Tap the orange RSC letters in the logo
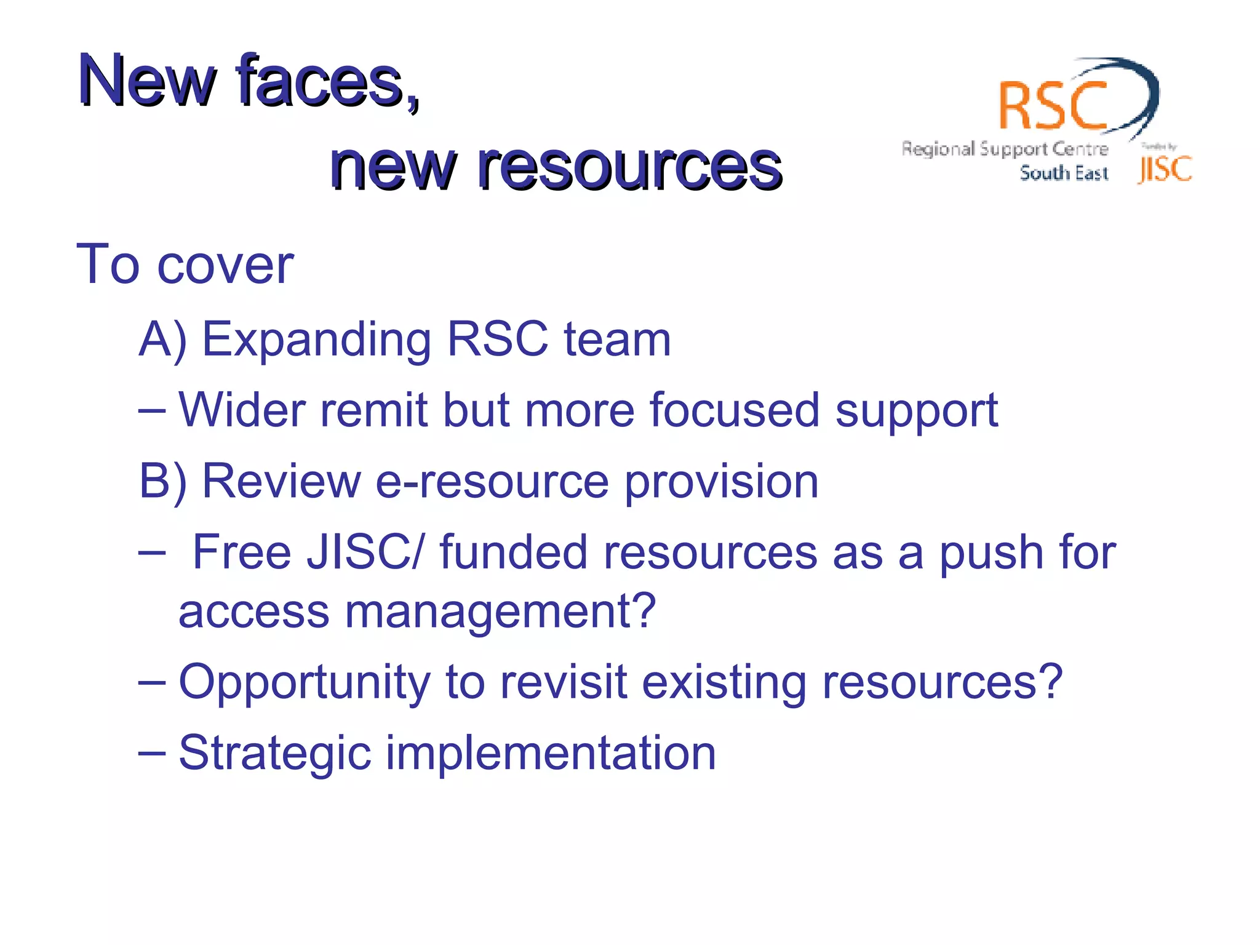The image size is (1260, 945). (x=1053, y=106)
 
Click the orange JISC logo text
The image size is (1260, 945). (x=1165, y=170)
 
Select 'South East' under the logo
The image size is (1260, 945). (x=1064, y=173)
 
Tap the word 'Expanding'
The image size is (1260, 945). (x=317, y=340)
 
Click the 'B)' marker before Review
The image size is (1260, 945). (x=162, y=481)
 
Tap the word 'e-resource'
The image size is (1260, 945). (x=492, y=481)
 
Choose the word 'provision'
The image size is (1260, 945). (x=722, y=482)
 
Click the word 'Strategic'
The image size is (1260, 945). (x=274, y=753)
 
